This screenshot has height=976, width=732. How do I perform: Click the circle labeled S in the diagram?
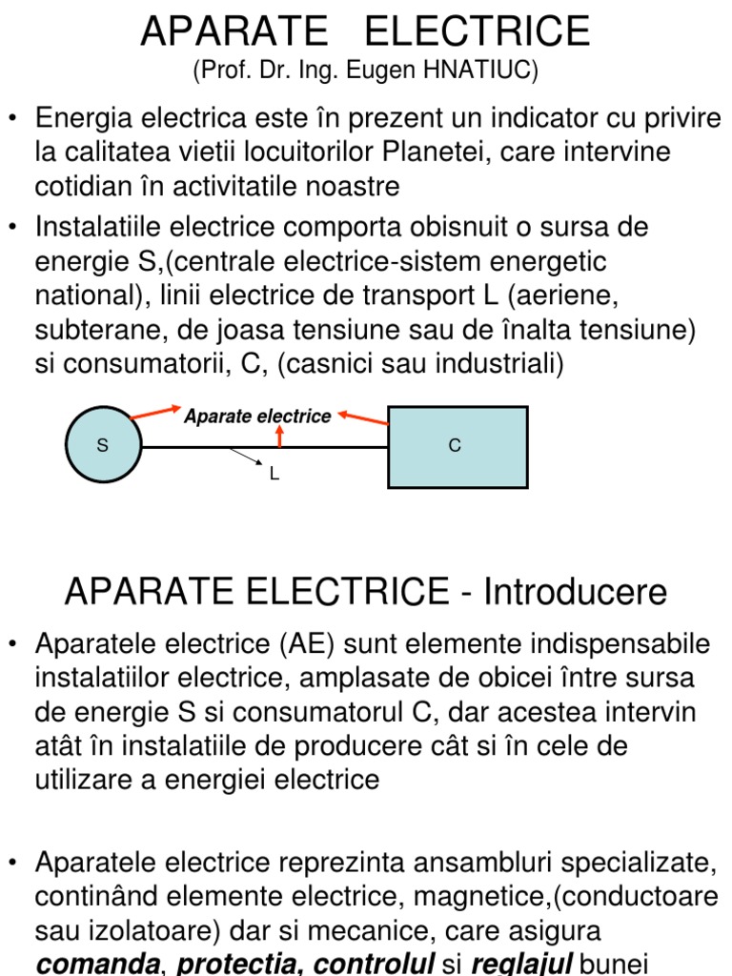103,446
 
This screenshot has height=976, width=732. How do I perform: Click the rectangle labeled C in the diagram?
457,446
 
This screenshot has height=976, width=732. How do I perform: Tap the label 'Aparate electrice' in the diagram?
257,417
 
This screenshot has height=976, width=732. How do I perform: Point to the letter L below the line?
274,474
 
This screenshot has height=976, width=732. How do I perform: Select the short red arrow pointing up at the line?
279,436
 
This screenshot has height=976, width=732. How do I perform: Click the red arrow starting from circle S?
156,413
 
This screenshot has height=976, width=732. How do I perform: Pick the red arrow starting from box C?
363,417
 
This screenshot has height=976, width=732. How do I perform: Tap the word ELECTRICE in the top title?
478,31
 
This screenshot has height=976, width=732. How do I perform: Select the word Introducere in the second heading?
575,592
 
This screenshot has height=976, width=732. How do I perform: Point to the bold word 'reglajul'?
518,964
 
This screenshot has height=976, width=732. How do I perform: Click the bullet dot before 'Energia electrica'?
13,118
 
